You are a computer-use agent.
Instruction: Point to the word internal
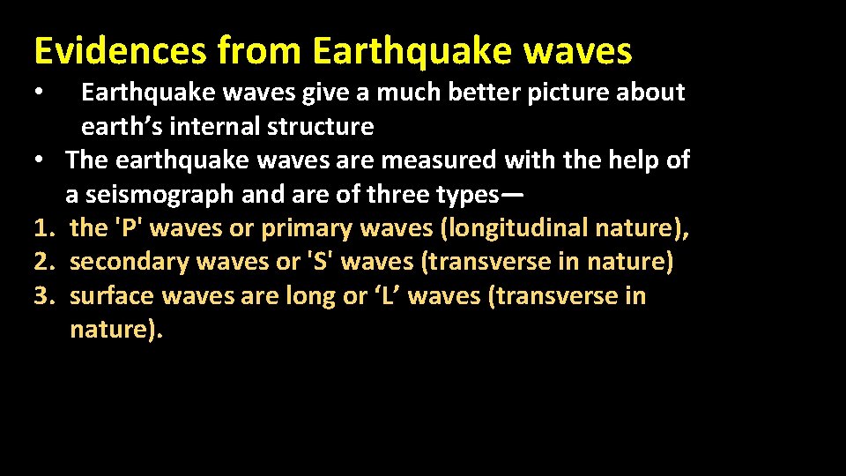tap(208, 127)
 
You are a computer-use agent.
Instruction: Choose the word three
tap(379, 194)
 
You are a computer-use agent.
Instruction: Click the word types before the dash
tap(459, 194)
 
